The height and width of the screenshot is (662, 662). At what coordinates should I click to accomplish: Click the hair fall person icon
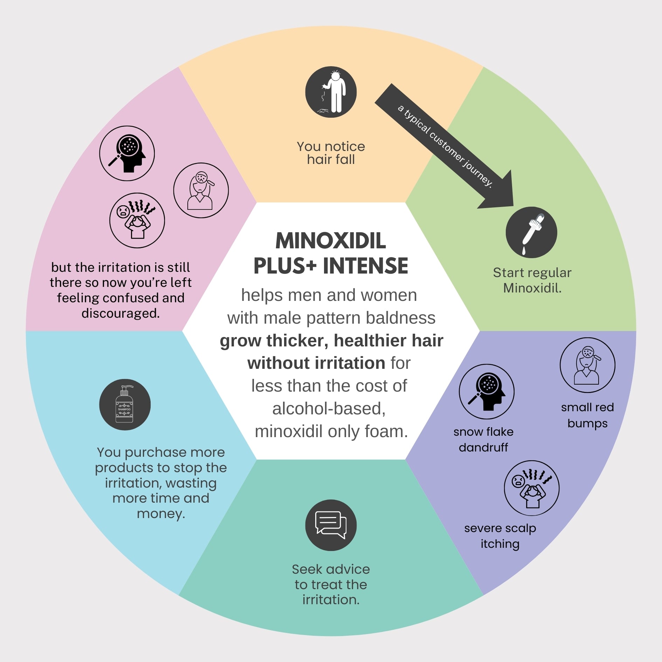coord(331,92)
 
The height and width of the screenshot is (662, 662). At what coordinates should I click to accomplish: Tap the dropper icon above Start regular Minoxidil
coord(531,232)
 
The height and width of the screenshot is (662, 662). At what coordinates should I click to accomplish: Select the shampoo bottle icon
coord(125,405)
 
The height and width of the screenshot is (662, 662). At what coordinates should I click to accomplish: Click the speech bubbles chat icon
coord(331,525)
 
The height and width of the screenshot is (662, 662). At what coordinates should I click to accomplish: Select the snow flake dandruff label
coord(483,440)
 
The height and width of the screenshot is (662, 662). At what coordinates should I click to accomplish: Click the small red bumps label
coord(587,415)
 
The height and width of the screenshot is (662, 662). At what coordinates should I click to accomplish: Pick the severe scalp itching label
coord(500,536)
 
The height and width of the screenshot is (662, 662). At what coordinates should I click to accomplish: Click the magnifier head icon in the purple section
coord(487,392)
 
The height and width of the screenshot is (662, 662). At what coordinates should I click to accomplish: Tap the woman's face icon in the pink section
coord(201,190)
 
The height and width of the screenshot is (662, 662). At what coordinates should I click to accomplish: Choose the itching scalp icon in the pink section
coord(137,220)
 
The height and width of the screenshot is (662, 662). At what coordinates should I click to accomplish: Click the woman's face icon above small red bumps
coord(587,365)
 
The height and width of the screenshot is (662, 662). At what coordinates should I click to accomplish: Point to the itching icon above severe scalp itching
coord(531,488)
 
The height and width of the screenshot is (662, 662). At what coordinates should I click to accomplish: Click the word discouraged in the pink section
coord(120,313)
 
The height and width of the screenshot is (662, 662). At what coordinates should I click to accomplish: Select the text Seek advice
coord(331,569)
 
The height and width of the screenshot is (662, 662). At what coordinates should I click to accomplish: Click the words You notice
coord(331,146)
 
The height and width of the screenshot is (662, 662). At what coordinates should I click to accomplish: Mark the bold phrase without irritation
coord(316,363)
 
